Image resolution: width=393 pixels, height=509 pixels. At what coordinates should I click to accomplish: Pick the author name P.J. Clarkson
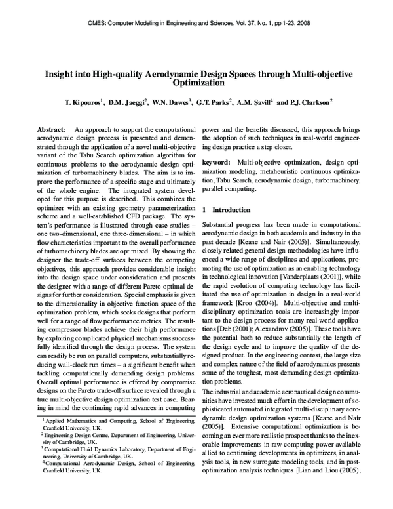tap(310, 103)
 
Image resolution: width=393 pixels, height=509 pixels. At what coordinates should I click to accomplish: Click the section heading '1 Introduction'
tap(230, 210)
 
